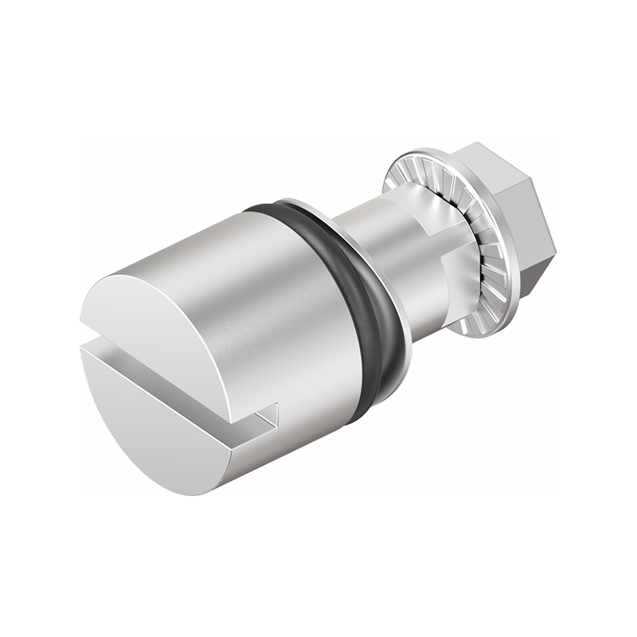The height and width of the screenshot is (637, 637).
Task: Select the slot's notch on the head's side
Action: [x=267, y=414]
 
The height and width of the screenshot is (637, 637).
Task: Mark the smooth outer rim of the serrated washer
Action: [x=398, y=163]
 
